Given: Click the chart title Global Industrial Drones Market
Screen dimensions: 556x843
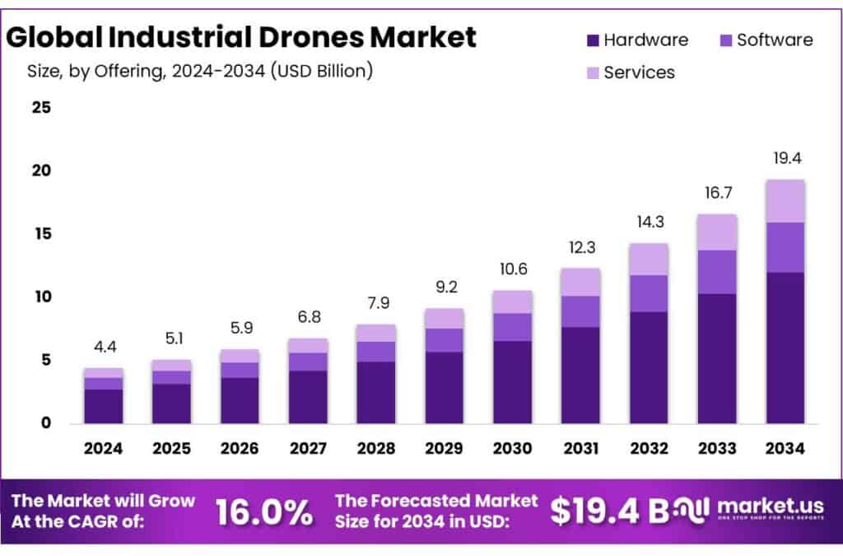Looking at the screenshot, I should point(241,37).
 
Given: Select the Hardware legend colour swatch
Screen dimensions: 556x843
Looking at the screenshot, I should point(593,40).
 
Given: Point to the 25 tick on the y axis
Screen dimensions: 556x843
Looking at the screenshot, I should point(41,108).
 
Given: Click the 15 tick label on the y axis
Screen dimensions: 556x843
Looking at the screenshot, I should point(41,234).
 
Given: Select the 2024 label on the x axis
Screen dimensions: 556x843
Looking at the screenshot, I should point(103,449).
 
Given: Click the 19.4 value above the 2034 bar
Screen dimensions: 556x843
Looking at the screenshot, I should point(785,157).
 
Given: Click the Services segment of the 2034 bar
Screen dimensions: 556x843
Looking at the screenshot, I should point(785,201).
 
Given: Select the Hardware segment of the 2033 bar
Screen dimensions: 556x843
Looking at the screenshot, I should point(715,358).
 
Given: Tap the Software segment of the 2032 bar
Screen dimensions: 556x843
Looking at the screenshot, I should point(647,293).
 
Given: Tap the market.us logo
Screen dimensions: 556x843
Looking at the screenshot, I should point(753,507).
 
